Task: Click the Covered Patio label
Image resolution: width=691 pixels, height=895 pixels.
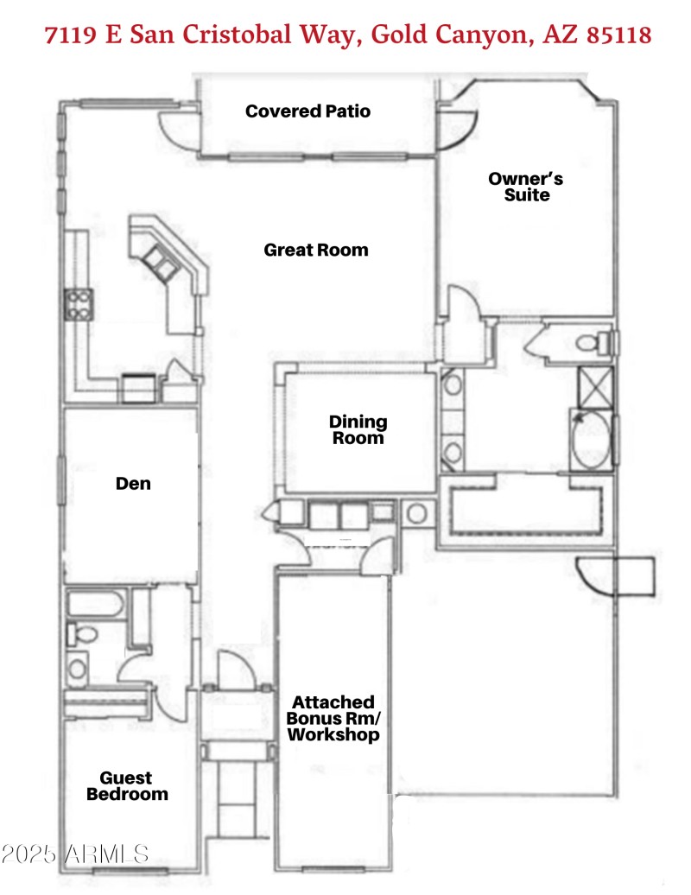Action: tap(307, 111)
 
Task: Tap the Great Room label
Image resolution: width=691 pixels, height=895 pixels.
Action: tap(315, 251)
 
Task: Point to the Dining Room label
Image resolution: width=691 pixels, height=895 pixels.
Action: tap(358, 430)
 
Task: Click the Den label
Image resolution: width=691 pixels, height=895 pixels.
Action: tap(133, 484)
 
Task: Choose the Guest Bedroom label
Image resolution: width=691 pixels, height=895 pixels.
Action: tap(127, 786)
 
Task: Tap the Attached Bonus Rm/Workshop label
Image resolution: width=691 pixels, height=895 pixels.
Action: tap(333, 719)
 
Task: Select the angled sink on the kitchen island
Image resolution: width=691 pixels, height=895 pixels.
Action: tap(159, 260)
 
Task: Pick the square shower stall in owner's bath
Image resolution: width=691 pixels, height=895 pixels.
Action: tap(593, 387)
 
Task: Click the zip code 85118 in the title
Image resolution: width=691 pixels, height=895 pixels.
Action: tap(618, 35)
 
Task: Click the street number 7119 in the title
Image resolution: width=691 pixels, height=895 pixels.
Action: tap(74, 35)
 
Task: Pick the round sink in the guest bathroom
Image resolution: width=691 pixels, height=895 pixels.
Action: tap(79, 668)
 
